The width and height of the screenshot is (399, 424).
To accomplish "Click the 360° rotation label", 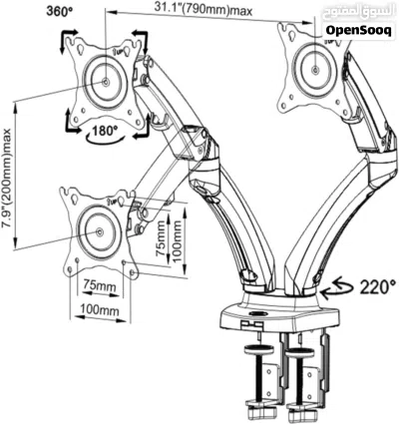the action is tap(60, 11).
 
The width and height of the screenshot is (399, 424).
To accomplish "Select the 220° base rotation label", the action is tap(378, 286).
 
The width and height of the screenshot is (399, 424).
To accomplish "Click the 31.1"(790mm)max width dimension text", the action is tap(202, 10).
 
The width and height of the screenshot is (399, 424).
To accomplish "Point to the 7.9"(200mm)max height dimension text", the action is tap(7, 179).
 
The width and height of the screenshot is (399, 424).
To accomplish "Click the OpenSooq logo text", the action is tap(358, 30).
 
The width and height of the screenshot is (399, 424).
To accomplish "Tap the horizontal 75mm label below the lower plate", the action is tap(100, 286).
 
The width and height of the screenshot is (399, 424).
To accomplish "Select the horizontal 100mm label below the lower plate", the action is tap(100, 310).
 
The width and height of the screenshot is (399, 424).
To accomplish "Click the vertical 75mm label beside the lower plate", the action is tap(161, 237).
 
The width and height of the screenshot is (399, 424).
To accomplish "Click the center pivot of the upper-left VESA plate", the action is tap(106, 82).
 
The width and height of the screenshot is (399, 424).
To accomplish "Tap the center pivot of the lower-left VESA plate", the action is tap(100, 231).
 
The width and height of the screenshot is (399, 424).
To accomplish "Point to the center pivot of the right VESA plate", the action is tap(315, 70).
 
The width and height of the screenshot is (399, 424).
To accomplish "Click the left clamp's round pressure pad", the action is tap(258, 349).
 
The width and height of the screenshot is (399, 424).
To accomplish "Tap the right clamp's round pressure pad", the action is tap(299, 353).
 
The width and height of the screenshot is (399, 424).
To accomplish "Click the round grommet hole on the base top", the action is tap(257, 313).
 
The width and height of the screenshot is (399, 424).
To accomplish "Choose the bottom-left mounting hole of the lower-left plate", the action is tap(70, 269).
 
